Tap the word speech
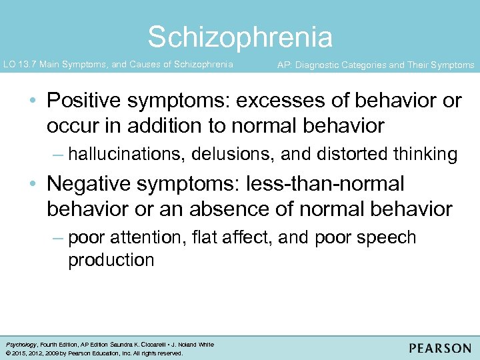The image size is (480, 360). [x=386, y=238]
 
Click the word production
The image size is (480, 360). [x=111, y=260]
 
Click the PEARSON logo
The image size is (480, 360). [x=439, y=348]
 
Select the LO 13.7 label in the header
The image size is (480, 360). [x=21, y=65]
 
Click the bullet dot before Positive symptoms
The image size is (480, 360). [x=33, y=102]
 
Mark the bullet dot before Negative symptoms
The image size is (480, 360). [x=33, y=185]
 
